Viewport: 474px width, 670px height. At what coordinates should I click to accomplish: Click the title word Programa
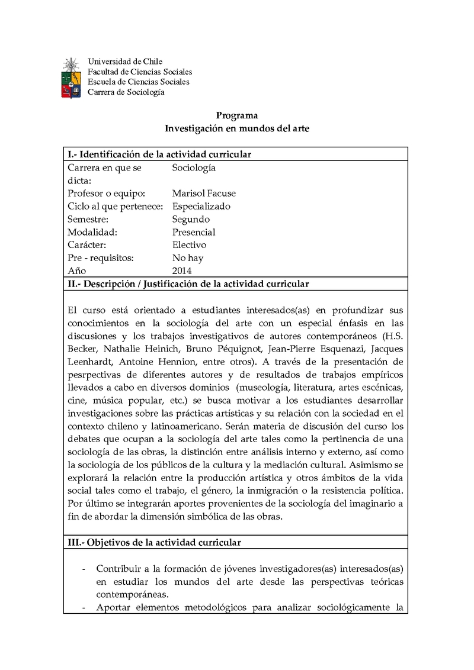(236, 115)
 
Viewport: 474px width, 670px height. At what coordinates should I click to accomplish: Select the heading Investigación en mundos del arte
(236, 128)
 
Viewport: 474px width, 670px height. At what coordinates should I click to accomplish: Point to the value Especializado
(201, 207)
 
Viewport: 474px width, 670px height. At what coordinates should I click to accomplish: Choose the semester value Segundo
(191, 220)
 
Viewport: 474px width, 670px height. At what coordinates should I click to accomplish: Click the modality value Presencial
(194, 232)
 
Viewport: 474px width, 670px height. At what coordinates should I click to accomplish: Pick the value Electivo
(189, 245)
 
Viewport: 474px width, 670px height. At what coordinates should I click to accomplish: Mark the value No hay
(187, 258)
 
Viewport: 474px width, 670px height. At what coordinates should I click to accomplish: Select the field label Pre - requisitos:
(100, 258)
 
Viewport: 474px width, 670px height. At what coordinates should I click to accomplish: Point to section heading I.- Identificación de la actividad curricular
(159, 154)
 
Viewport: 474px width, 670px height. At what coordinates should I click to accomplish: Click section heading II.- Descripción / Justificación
(188, 284)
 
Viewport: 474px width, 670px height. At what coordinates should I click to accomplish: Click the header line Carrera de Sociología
(126, 92)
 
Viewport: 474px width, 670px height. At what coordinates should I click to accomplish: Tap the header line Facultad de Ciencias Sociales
(140, 72)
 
